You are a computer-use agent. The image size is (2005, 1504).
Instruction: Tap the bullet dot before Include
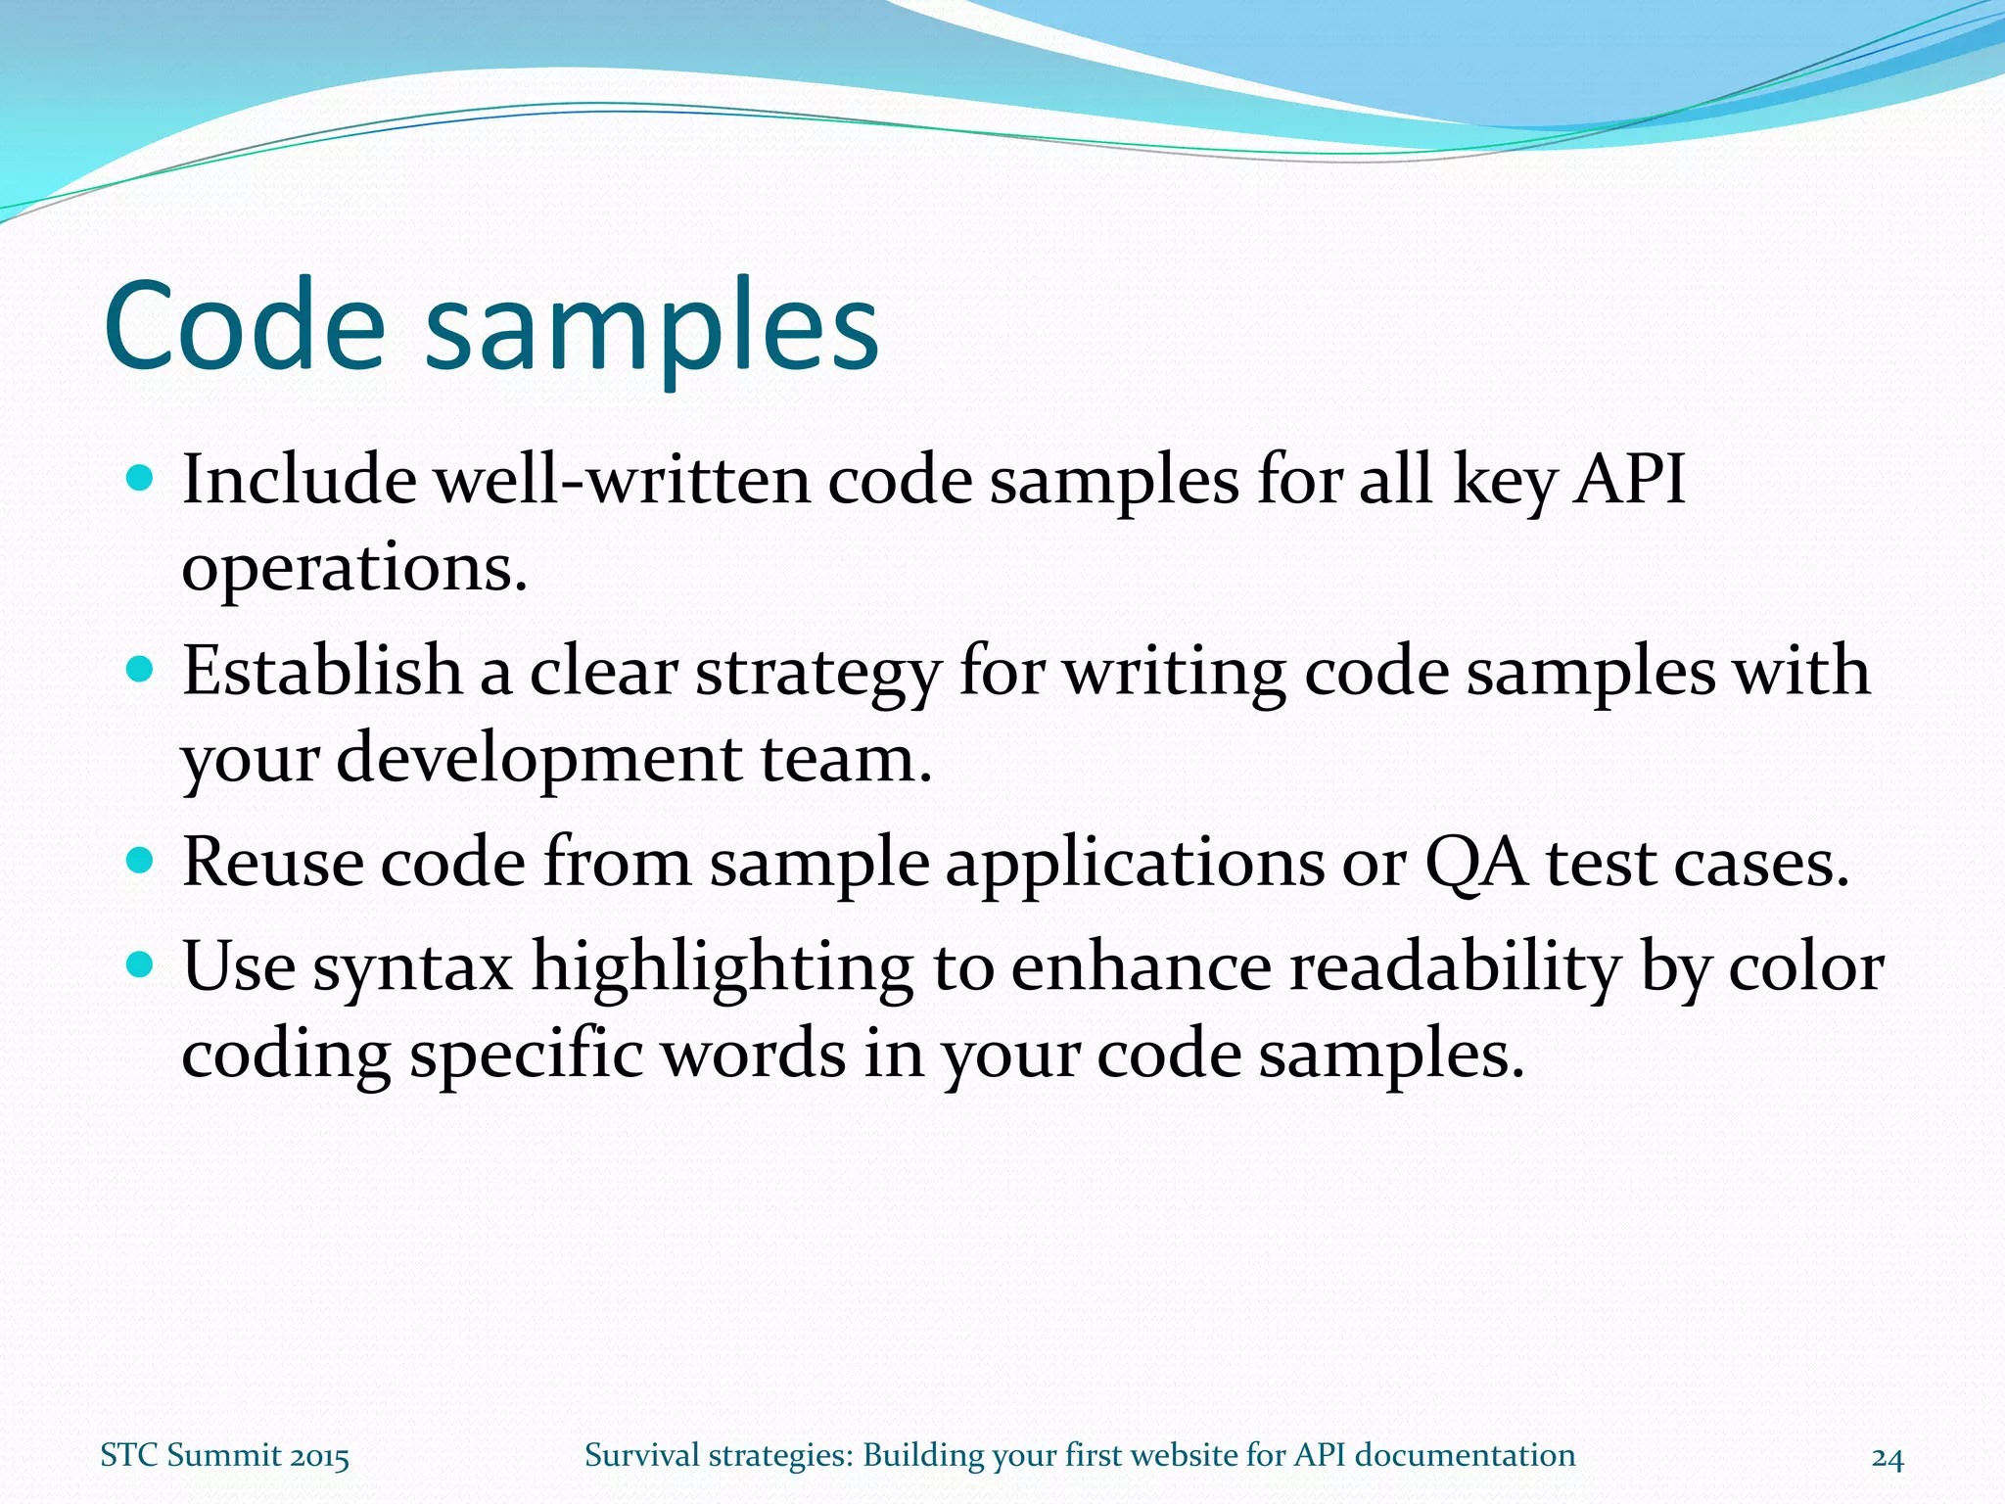click(x=141, y=478)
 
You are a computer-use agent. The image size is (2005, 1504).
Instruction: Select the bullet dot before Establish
click(x=141, y=670)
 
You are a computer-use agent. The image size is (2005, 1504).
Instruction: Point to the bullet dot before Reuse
click(x=141, y=861)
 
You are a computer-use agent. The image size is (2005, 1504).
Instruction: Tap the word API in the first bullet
click(x=1628, y=480)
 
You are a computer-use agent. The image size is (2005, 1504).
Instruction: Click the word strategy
click(x=817, y=674)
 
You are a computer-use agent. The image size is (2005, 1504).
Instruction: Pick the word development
click(x=539, y=760)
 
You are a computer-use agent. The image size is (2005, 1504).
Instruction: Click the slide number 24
click(x=1888, y=1457)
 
